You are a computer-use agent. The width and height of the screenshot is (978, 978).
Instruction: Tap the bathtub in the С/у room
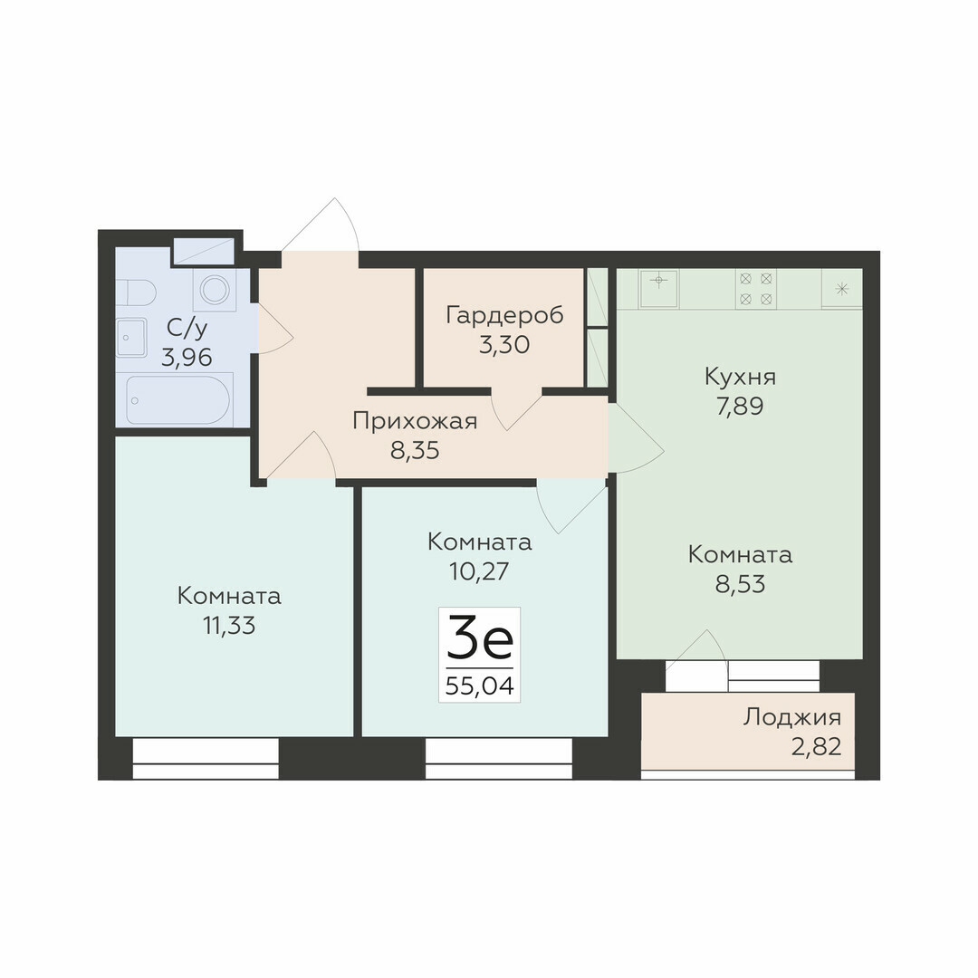point(179,400)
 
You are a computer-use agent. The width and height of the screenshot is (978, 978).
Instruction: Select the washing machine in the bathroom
point(215,290)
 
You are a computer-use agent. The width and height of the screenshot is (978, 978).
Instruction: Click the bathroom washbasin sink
point(131,338)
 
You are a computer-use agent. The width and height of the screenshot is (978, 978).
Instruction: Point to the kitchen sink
point(658,288)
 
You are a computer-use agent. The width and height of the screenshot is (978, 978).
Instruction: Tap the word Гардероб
point(504,315)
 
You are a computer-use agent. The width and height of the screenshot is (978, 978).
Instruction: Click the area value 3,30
point(504,344)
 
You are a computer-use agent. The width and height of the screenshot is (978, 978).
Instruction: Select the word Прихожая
point(415,421)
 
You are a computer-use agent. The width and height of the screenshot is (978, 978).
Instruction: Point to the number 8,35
point(415,450)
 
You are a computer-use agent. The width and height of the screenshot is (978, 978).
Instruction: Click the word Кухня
point(741,377)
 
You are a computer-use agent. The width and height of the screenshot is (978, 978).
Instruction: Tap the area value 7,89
point(741,406)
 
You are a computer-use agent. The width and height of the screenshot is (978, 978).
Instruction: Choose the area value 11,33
point(229,626)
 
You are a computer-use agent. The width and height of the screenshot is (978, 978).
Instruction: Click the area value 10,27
point(480,571)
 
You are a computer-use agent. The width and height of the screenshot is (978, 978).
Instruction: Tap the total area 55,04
point(480,686)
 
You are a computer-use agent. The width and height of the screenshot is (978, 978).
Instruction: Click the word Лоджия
point(792,718)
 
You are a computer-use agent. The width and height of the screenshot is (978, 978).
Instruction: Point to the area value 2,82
point(817,746)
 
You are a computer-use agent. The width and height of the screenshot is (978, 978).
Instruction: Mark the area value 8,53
point(741,584)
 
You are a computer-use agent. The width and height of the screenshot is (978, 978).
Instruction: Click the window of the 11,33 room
point(206,759)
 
